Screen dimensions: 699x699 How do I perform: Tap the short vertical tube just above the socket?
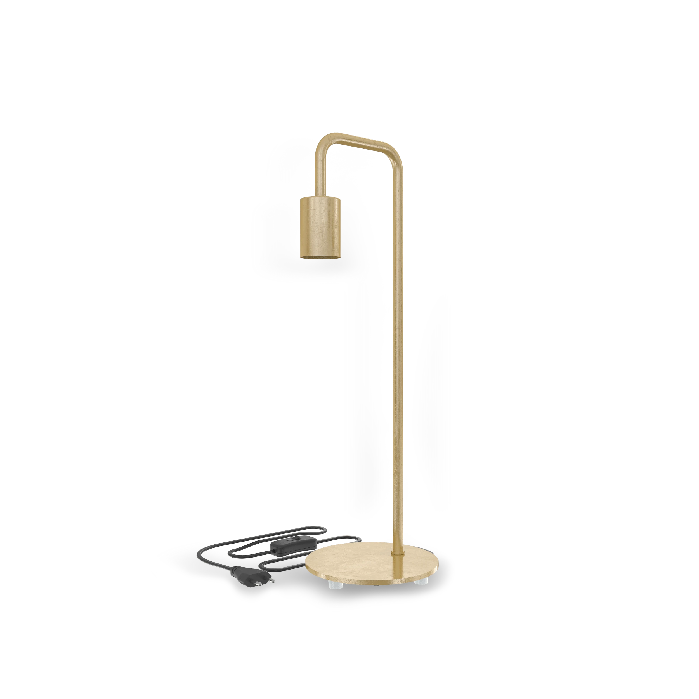point(321,177)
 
